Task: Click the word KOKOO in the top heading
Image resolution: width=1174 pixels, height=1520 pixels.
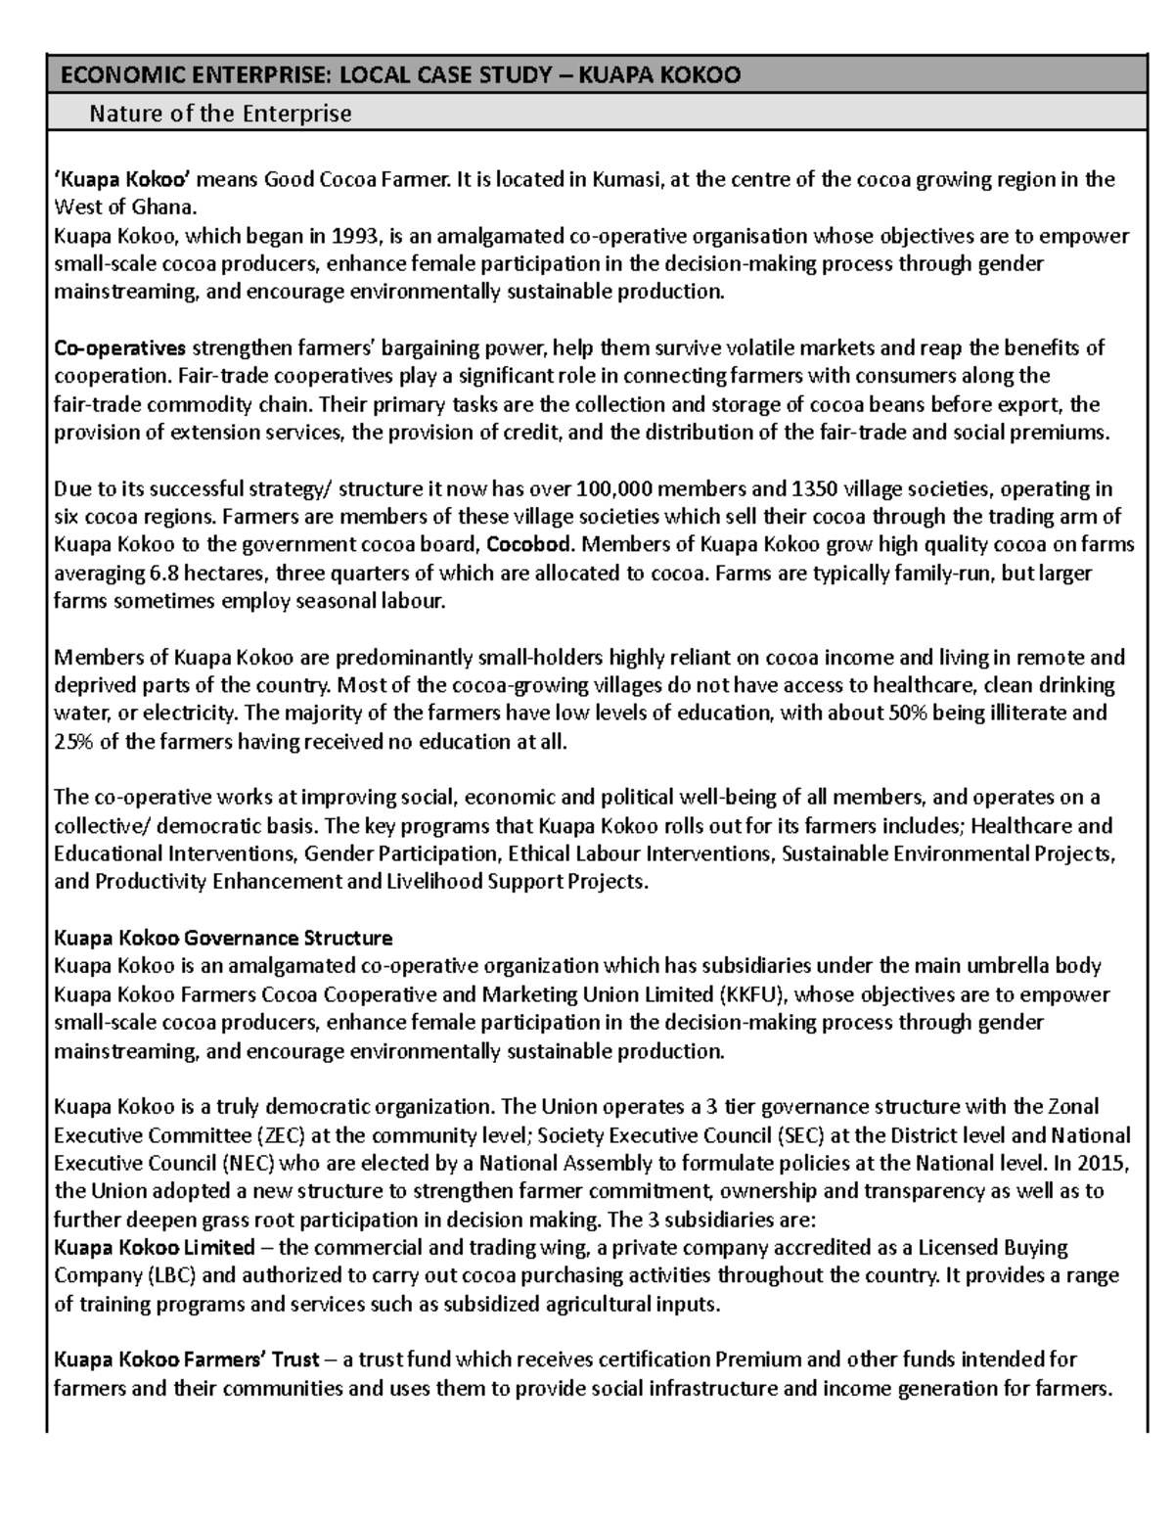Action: tap(697, 75)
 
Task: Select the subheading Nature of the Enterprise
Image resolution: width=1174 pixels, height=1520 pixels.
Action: tap(220, 115)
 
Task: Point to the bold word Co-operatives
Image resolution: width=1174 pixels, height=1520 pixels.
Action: tap(119, 348)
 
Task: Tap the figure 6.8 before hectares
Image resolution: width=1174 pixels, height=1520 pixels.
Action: tap(153, 574)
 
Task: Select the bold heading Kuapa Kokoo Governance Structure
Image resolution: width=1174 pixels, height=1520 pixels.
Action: tap(223, 939)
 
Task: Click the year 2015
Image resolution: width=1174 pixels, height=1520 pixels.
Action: tap(1106, 1164)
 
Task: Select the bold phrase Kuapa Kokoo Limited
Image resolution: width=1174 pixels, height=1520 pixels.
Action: tap(155, 1248)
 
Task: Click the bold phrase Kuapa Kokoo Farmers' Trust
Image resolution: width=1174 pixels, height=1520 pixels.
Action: tap(186, 1360)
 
